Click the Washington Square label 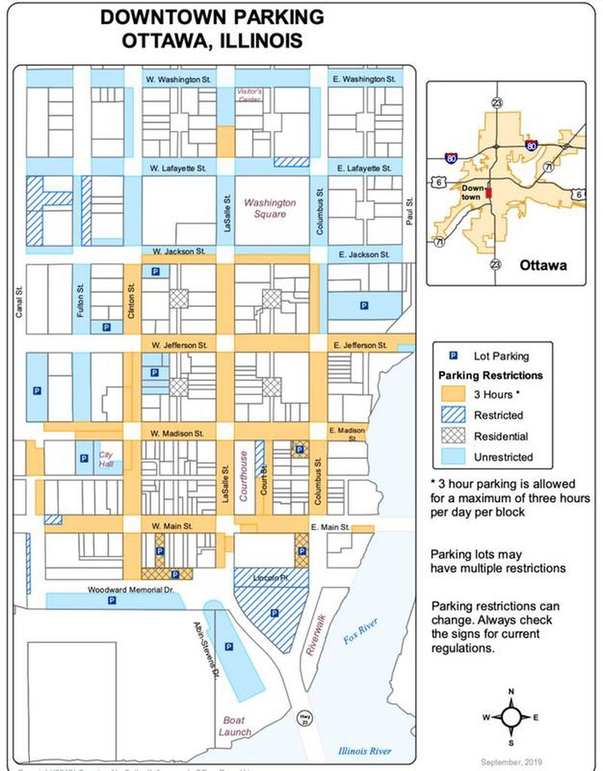[270, 208]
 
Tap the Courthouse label [244, 476]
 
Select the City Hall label [106, 459]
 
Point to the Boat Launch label [235, 726]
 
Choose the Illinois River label [364, 751]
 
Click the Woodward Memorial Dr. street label [131, 590]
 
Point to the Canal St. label [19, 302]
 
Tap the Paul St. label [410, 211]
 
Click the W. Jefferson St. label [179, 345]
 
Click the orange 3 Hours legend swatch [453, 394]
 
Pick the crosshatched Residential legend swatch [453, 436]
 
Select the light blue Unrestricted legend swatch [453, 457]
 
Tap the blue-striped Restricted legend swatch [453, 415]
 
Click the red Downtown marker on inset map [489, 193]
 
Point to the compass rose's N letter [511, 691]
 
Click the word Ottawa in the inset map [543, 265]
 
